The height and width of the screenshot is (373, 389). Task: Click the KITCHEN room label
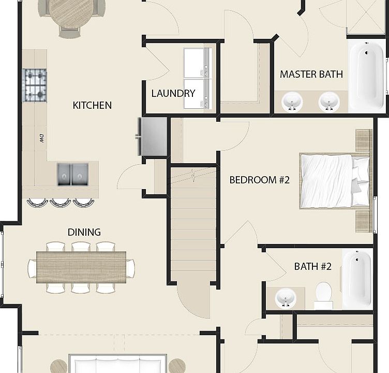pyautogui.click(x=92, y=105)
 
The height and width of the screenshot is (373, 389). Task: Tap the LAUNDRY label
pyautogui.click(x=173, y=93)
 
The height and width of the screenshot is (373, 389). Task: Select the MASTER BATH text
pyautogui.click(x=311, y=74)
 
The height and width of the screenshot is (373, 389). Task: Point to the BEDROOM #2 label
pyautogui.click(x=260, y=180)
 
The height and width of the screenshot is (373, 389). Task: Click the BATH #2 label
pyautogui.click(x=313, y=266)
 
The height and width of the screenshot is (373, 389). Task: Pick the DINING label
pyautogui.click(x=84, y=232)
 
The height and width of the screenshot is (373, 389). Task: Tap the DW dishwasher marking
pyautogui.click(x=41, y=138)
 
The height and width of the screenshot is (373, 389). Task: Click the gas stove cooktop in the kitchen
pyautogui.click(x=35, y=85)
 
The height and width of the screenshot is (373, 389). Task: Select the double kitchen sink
pyautogui.click(x=73, y=174)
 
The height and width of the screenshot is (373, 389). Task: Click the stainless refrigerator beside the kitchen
pyautogui.click(x=152, y=136)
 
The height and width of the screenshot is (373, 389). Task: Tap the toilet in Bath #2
pyautogui.click(x=323, y=296)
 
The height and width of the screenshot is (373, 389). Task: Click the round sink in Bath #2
pyautogui.click(x=286, y=298)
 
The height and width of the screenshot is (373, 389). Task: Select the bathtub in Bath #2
pyautogui.click(x=357, y=279)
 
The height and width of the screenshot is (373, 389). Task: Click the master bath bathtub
pyautogui.click(x=367, y=76)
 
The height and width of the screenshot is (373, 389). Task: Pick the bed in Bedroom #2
pyautogui.click(x=335, y=181)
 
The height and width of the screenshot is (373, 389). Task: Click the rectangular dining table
pyautogui.click(x=81, y=267)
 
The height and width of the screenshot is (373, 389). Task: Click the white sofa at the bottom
pyautogui.click(x=118, y=364)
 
